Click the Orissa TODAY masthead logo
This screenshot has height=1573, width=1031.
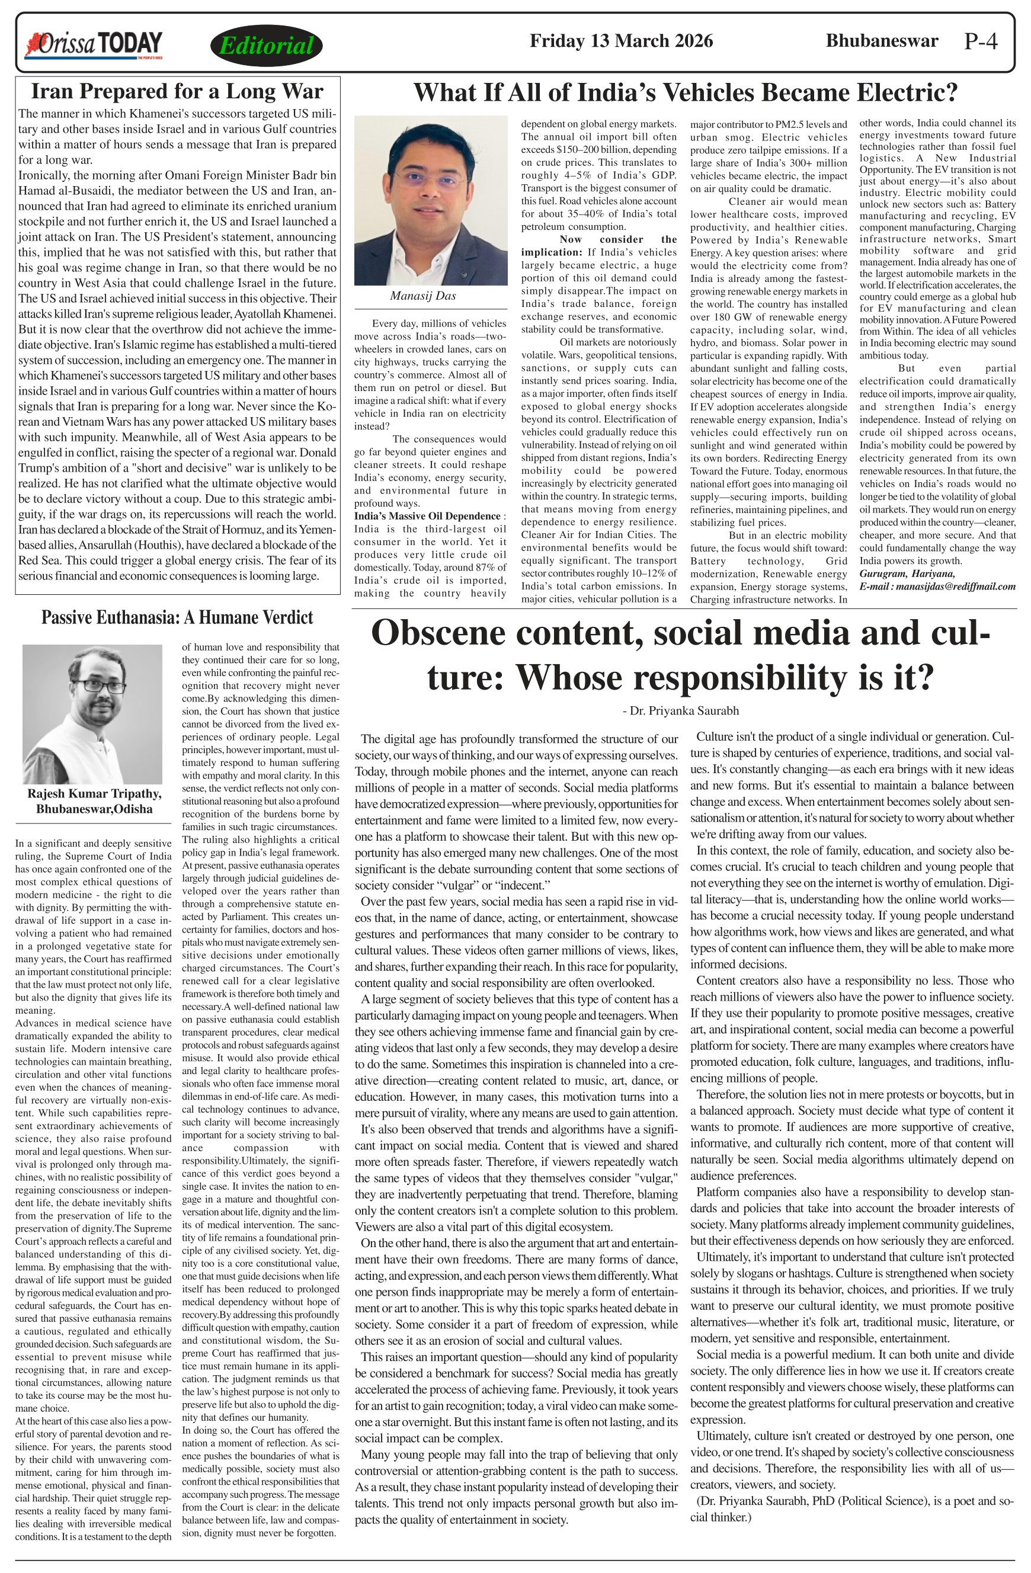tap(93, 45)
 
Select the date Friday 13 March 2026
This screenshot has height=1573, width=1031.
tap(620, 41)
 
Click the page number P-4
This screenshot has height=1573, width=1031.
tap(980, 41)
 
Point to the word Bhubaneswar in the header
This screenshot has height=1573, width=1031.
tap(881, 41)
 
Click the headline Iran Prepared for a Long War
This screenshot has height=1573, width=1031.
tap(177, 91)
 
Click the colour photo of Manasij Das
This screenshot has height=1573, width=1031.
tap(430, 200)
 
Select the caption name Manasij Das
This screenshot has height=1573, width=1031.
tap(422, 296)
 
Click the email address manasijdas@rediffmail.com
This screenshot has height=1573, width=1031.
tap(956, 586)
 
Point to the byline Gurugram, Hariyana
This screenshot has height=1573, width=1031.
tap(907, 574)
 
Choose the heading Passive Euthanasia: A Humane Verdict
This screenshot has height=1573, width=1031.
tap(177, 617)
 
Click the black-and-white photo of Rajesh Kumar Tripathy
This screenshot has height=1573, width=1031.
tap(92, 714)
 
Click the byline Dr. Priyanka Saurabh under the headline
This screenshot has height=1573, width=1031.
tap(681, 710)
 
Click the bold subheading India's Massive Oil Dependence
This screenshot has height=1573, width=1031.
tap(428, 516)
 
